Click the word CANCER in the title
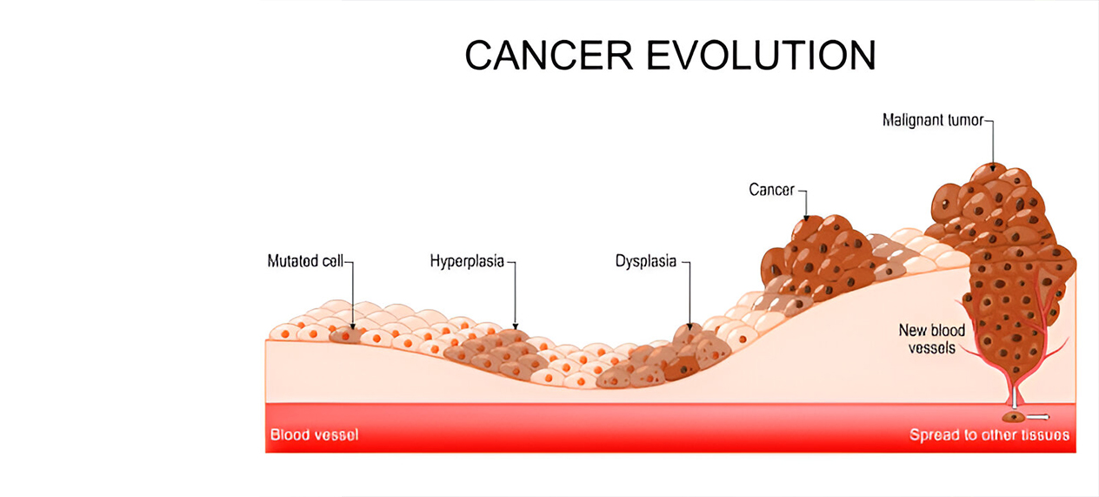(549, 56)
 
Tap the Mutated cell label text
(306, 261)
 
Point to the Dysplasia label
(645, 261)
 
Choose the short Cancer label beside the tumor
(771, 190)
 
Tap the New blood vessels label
(931, 339)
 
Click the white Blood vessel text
(314, 434)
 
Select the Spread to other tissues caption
(989, 434)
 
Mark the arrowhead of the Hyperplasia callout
(515, 325)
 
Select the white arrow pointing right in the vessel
(1040, 417)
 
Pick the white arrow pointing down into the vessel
(1013, 400)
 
